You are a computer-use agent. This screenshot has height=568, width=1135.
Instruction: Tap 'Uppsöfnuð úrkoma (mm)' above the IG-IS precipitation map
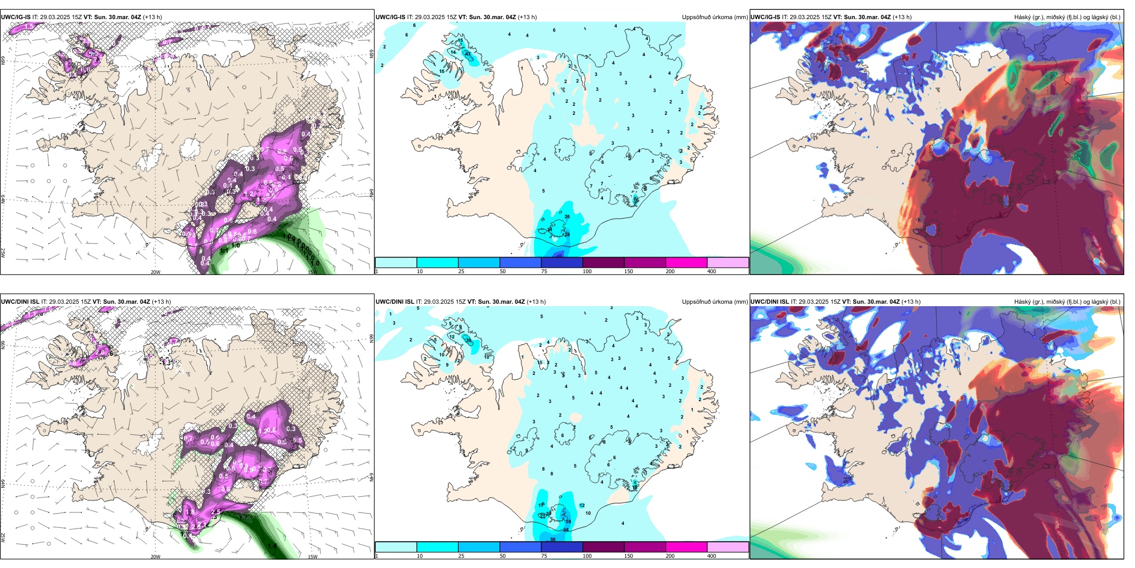point(714,17)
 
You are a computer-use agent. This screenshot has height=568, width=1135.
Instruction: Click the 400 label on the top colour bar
point(711,271)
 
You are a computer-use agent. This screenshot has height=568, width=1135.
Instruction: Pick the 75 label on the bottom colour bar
point(545,556)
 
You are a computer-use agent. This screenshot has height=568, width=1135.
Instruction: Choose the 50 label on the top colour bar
point(503,271)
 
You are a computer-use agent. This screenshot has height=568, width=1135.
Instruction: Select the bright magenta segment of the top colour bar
point(686,262)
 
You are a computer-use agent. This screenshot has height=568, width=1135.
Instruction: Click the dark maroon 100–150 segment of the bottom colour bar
point(603,547)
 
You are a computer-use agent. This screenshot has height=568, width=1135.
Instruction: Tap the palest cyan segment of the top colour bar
point(395,262)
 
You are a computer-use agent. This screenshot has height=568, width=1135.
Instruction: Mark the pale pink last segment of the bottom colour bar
point(728,547)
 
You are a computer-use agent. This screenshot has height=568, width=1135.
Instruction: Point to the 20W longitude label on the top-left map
point(155,272)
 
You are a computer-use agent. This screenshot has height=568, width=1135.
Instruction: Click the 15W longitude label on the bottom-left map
point(312,557)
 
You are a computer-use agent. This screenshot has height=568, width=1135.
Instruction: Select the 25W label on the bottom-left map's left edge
point(4,538)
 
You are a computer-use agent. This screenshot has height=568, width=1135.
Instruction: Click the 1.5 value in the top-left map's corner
point(29,27)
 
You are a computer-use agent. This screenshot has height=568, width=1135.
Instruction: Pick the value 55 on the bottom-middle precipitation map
point(553,540)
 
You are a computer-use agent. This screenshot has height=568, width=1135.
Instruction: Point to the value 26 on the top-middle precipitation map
point(567,217)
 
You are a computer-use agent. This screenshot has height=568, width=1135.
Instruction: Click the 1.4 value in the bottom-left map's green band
point(272,546)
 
